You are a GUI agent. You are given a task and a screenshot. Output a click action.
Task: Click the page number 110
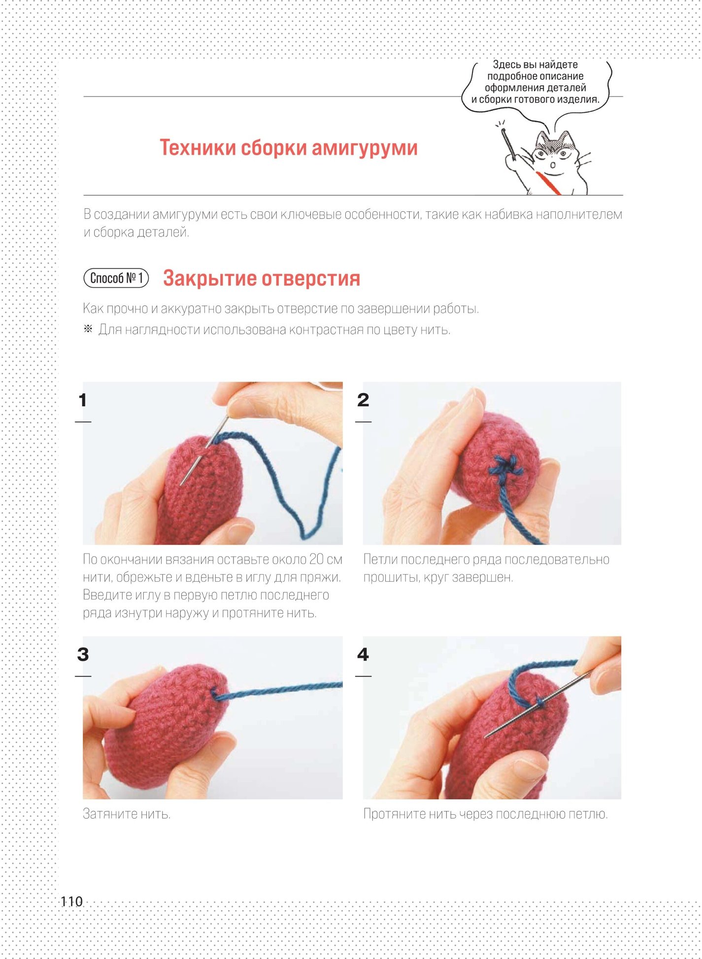click(71, 901)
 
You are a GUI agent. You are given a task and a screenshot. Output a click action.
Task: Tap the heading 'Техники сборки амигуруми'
click(289, 147)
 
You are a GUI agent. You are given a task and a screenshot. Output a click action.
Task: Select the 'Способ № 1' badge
click(116, 278)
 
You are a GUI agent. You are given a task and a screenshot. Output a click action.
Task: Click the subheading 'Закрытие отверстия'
click(262, 278)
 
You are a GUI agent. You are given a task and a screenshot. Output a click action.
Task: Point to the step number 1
click(83, 400)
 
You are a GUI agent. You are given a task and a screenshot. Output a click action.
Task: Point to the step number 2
click(363, 400)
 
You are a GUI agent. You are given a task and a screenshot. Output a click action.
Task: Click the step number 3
click(83, 654)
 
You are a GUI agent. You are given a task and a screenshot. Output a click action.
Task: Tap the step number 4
click(363, 654)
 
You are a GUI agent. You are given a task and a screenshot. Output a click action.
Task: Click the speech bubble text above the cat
click(535, 82)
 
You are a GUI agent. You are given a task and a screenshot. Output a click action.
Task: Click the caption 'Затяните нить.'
click(127, 814)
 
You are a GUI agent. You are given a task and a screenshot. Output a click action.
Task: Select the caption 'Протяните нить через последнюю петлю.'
click(485, 814)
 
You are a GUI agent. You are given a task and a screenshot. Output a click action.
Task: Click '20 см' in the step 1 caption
click(326, 560)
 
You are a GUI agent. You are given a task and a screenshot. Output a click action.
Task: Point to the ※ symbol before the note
click(88, 329)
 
